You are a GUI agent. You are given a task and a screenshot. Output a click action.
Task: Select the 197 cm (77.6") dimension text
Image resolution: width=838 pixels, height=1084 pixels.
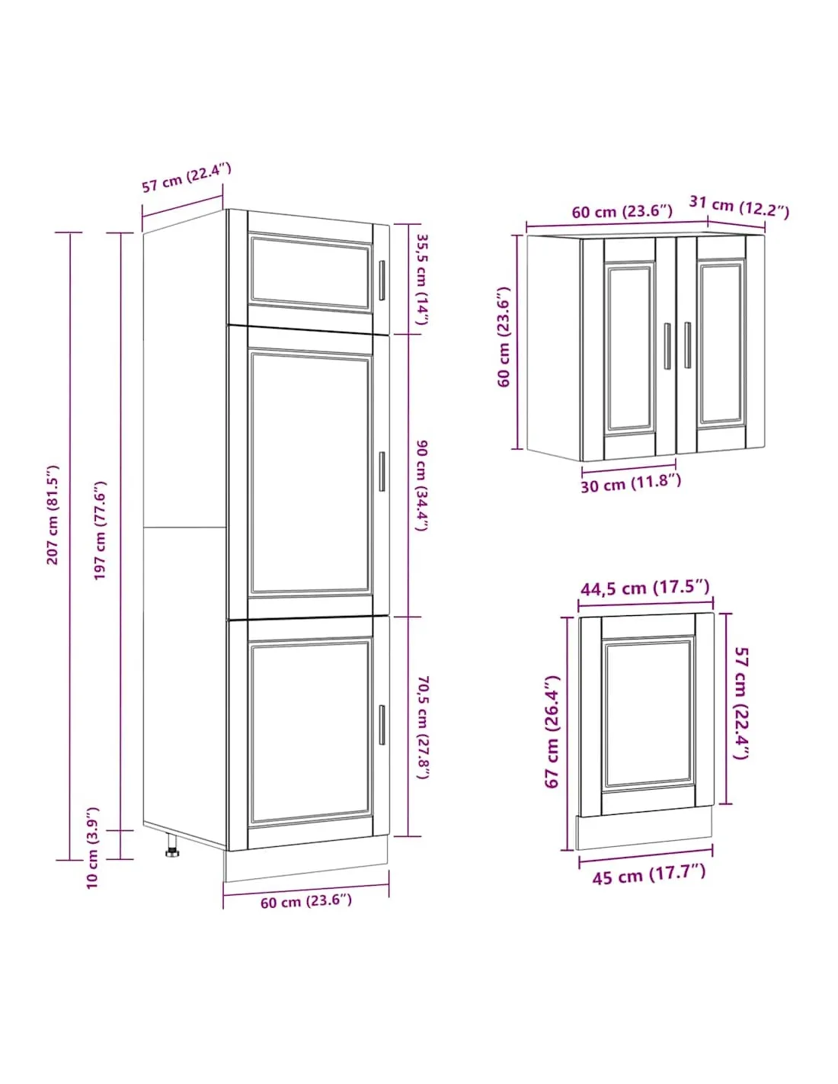coord(101,531)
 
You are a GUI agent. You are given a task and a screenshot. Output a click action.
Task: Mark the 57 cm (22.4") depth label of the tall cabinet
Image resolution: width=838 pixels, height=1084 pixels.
coord(187,178)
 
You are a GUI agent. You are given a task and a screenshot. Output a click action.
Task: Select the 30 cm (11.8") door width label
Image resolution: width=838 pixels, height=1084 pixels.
coord(630,483)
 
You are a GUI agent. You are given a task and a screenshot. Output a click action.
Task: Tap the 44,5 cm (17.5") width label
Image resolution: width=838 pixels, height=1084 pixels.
coord(644,588)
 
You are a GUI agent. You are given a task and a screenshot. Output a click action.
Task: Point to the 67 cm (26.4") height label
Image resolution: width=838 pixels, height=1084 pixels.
coord(552,732)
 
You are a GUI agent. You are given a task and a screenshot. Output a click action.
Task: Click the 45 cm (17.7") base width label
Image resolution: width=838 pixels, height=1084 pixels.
coord(648,874)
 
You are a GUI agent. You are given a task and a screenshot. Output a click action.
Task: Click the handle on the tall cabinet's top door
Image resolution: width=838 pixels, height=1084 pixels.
coord(382,281)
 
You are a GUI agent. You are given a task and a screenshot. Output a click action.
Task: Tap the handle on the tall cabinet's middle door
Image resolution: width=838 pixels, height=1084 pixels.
coord(382,471)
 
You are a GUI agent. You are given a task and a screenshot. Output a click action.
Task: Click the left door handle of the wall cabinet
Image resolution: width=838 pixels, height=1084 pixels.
coord(667,345)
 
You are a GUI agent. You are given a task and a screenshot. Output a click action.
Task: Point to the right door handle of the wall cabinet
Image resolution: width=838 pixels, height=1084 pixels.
coord(687,345)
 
